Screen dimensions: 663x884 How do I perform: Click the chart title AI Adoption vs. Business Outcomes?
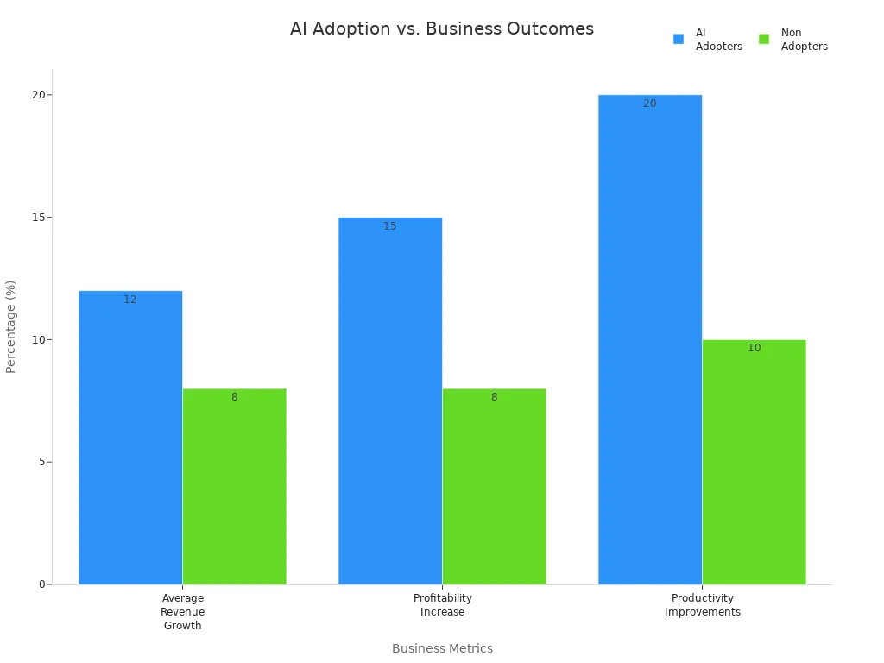pyautogui.click(x=441, y=28)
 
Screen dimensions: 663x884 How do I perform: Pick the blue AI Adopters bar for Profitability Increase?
pyautogui.click(x=390, y=401)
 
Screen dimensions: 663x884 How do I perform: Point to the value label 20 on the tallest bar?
pyautogui.click(x=650, y=104)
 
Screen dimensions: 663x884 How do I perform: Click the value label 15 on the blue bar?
pyautogui.click(x=390, y=226)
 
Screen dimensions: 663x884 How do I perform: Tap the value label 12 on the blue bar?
pyautogui.click(x=130, y=300)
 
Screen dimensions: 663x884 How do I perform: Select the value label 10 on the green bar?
pyautogui.click(x=755, y=348)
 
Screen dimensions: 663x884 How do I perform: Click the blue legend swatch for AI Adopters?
pyautogui.click(x=679, y=39)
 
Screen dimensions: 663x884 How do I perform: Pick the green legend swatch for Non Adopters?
pyautogui.click(x=764, y=39)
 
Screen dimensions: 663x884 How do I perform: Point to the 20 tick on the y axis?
pyautogui.click(x=38, y=95)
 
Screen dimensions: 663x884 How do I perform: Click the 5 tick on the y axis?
pyautogui.click(x=41, y=462)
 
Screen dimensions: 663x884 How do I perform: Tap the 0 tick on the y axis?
pyautogui.click(x=41, y=584)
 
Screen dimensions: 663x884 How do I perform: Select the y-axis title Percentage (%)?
pyautogui.click(x=11, y=326)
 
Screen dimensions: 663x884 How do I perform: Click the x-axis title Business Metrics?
pyautogui.click(x=442, y=648)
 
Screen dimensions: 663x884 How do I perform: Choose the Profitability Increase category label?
pyautogui.click(x=442, y=605)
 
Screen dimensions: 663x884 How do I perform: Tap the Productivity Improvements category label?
pyautogui.click(x=702, y=605)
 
